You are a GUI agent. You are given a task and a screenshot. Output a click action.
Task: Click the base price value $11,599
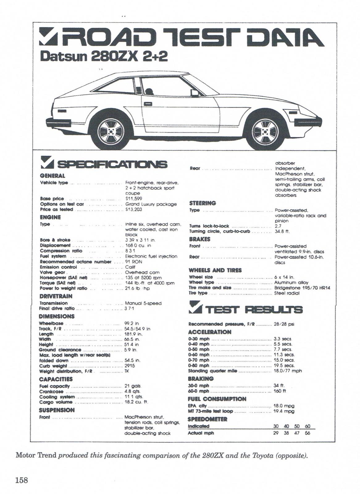coord(133,199)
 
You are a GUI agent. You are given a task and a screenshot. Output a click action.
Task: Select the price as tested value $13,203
coord(133,209)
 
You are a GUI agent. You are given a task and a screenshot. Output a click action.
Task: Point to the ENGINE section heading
coord(50,217)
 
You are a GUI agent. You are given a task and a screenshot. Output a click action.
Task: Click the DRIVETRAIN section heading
coord(56,296)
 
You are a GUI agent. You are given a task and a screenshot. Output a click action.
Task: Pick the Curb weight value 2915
coord(130,366)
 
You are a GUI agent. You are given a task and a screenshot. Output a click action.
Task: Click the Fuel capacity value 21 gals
coord(133,386)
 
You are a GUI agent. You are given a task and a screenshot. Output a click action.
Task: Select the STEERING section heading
coord(202,203)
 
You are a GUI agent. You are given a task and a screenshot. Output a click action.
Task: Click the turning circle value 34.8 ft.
coord(282,231)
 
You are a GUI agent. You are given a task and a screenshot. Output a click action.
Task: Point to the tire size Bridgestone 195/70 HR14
coord(302,287)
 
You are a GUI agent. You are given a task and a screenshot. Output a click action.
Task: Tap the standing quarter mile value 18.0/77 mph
coord(288,371)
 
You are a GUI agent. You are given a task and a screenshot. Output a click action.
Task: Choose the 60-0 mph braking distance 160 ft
coord(280,391)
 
